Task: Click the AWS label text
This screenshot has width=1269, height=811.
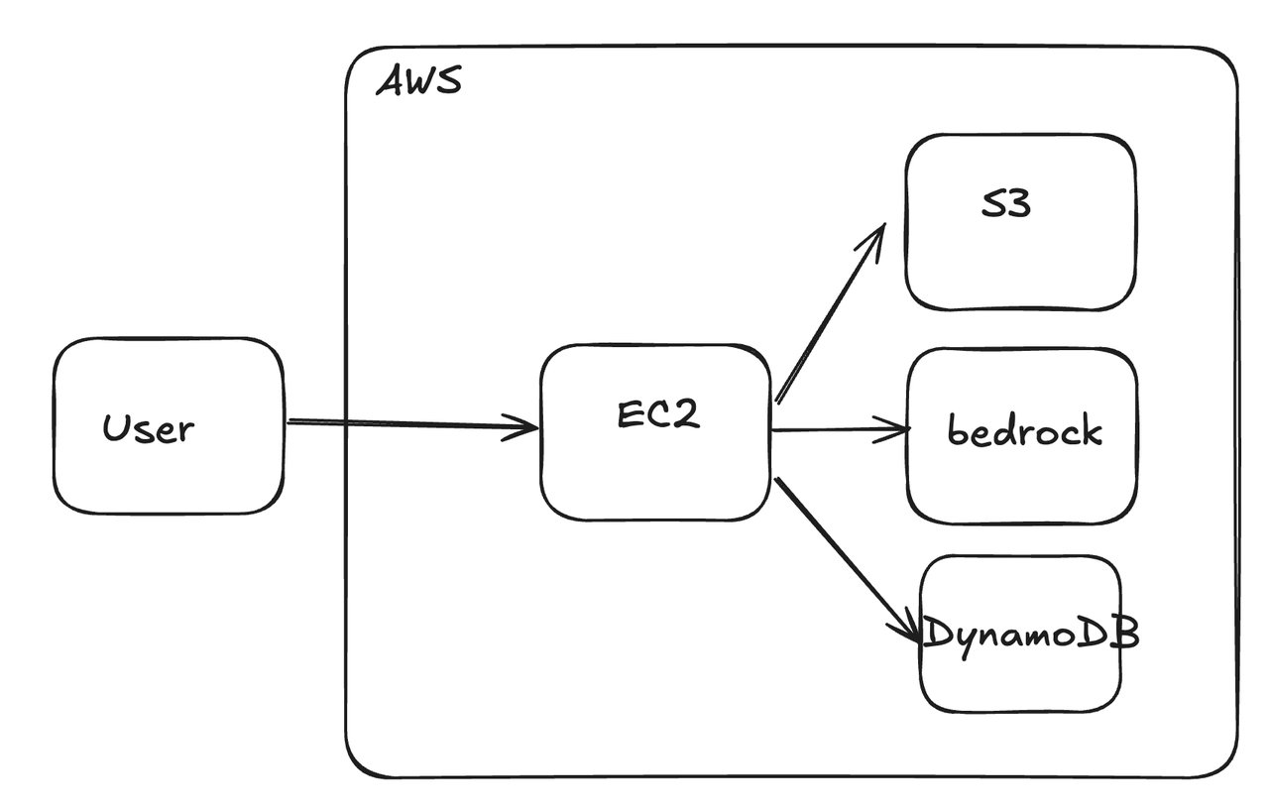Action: tap(418, 81)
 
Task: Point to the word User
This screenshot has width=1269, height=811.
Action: tap(149, 428)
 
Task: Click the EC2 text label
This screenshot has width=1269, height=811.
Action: tap(658, 414)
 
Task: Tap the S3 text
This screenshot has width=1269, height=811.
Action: tap(1004, 204)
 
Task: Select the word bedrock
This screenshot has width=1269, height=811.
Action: tap(1024, 430)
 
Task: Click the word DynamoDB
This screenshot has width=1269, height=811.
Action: tap(1030, 634)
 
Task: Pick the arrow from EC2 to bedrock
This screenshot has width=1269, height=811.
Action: tap(838, 430)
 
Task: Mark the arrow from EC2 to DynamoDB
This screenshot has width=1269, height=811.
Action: tap(843, 555)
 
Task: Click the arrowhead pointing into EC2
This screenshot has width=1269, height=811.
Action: tap(525, 429)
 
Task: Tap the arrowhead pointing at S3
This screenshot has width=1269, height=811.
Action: tap(874, 238)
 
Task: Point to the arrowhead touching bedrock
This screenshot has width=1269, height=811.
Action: tap(897, 429)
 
